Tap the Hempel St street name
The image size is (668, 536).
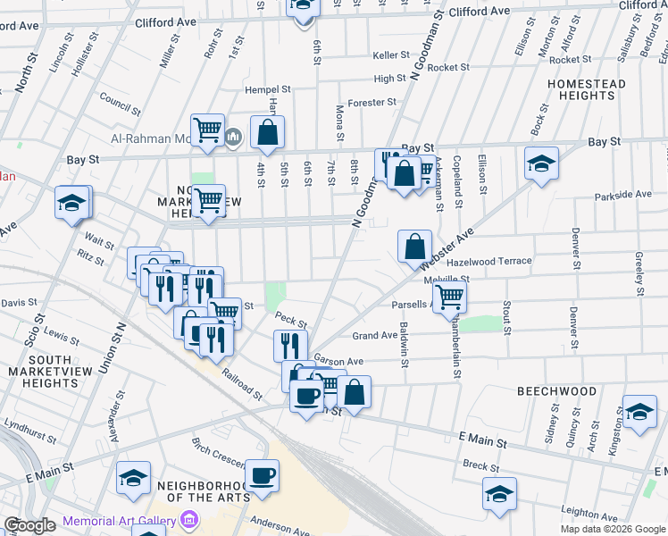269,90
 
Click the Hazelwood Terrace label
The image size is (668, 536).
488,262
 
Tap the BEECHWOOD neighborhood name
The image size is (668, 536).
556,391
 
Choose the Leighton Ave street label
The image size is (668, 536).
590,515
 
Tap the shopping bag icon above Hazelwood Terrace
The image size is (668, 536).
414,246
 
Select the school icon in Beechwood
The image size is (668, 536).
639,411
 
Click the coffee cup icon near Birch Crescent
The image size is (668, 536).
262,476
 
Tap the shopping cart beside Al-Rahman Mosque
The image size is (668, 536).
207,130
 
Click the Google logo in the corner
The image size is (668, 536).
29,525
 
